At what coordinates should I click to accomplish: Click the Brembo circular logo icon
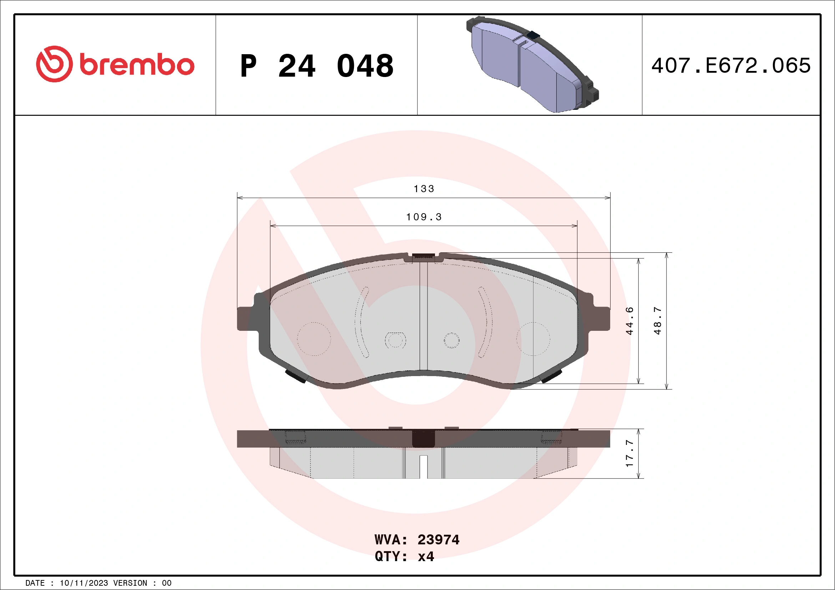54,64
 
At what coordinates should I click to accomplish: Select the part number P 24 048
317,66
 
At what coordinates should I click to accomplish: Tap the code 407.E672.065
731,66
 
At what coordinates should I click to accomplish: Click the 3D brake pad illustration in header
532,65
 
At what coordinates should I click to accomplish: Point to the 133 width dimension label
424,189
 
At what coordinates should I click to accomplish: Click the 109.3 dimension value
424,217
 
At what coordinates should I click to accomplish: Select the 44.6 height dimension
629,321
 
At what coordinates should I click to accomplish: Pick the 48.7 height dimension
658,321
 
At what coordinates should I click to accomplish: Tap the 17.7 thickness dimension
629,453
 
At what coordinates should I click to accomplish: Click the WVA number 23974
438,540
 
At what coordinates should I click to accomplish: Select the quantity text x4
426,556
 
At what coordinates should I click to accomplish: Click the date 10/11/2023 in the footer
83,583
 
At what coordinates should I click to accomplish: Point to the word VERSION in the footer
130,583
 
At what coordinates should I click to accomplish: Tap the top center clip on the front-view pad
423,257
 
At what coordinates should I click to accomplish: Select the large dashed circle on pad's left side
314,339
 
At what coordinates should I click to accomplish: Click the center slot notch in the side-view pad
424,467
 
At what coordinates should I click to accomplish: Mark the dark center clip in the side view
424,438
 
